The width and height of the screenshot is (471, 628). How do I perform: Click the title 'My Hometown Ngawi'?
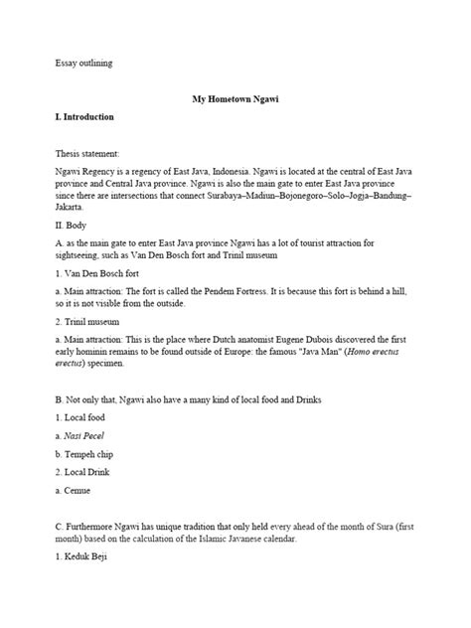[235, 98]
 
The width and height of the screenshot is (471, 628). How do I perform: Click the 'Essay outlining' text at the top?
[83, 63]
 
